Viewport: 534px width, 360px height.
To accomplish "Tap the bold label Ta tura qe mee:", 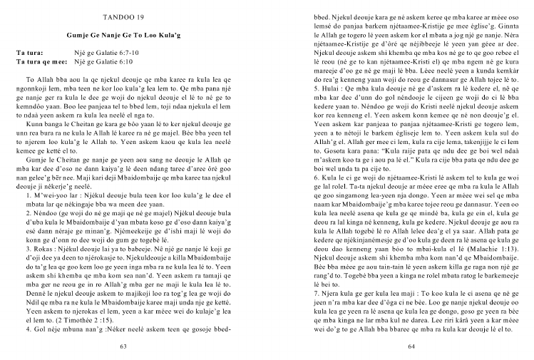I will pos(43,62).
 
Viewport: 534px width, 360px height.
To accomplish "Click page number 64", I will pos(411,346).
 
